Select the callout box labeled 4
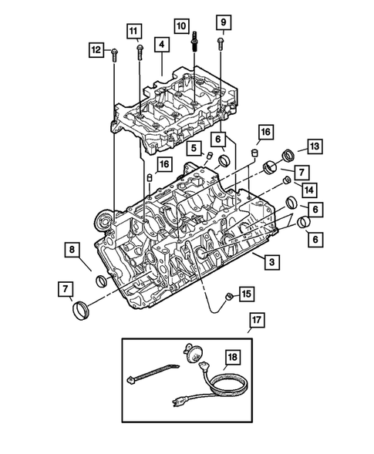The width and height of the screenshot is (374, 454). tap(161, 45)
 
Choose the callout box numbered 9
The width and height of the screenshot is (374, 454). tap(221, 21)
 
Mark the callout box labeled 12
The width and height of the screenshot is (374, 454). tap(95, 50)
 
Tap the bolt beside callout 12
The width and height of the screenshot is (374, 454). tap(114, 53)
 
